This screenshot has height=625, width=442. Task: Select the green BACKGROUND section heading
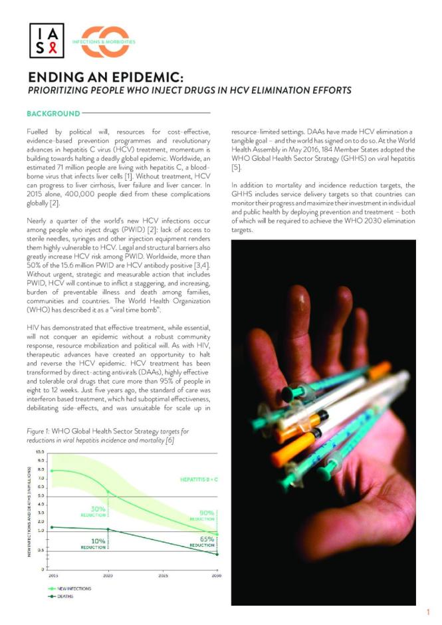point(53,114)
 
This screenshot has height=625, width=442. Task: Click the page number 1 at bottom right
point(428,612)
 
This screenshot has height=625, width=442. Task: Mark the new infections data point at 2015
point(52,471)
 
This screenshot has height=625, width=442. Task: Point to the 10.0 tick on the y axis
point(41,452)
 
